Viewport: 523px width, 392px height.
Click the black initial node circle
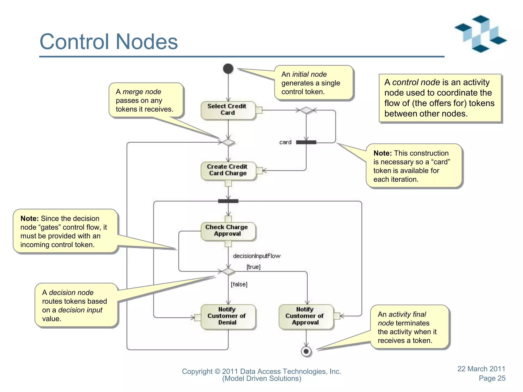[228, 69]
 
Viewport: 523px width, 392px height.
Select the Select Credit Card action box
[228, 110]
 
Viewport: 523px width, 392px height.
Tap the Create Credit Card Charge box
[228, 170]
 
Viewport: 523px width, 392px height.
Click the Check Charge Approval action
[228, 231]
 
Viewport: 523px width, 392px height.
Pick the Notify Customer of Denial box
[228, 316]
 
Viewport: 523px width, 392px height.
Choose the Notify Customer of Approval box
[305, 316]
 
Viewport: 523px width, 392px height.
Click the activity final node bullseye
[306, 351]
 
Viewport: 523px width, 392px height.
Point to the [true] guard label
[253, 267]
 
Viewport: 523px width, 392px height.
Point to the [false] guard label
[239, 284]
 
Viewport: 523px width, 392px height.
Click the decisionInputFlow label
[256, 256]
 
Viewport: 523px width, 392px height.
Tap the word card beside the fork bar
[285, 142]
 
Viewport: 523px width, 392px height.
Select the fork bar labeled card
[306, 142]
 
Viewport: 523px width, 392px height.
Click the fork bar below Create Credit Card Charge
[228, 201]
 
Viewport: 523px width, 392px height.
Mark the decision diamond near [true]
[228, 271]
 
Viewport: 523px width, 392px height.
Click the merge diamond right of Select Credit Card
[306, 110]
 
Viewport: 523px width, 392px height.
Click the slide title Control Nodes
[109, 42]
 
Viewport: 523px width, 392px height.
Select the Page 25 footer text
[492, 378]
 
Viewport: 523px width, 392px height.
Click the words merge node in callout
[142, 92]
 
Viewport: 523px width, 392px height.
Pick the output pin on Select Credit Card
[259, 110]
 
